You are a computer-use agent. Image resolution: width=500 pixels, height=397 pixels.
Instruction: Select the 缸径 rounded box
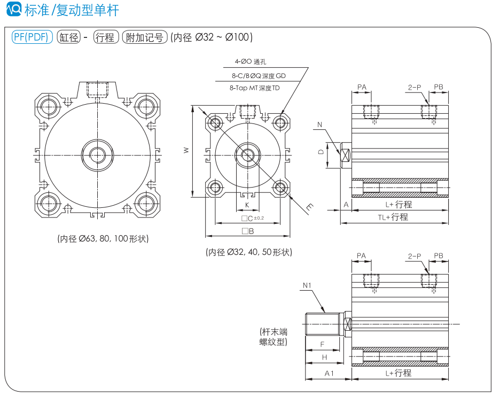coord(69,37)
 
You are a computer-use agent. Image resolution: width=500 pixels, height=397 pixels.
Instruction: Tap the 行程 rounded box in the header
coord(105,37)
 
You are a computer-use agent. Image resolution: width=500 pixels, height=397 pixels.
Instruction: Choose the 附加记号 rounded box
coord(145,37)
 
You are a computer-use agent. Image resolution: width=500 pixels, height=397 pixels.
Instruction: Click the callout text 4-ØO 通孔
coord(251,61)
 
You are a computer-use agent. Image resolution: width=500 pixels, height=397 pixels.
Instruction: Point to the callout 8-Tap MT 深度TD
coord(254,88)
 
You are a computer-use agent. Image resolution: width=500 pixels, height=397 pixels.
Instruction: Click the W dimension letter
coord(186,151)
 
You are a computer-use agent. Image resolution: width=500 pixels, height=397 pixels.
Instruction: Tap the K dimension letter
coord(247,205)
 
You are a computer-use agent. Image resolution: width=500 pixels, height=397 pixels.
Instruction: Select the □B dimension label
coord(247,231)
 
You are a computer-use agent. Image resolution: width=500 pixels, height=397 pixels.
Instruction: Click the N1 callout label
coord(307,285)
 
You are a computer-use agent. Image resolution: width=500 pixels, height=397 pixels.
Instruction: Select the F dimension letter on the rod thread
coord(322,344)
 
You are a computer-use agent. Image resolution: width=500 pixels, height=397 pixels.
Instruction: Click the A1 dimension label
coord(329,373)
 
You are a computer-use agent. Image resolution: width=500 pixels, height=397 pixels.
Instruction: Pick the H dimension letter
coord(324,357)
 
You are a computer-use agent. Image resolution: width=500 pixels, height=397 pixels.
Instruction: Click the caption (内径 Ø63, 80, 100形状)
coord(103,238)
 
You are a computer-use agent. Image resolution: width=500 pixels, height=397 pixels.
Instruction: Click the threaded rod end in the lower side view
coord(322,323)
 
